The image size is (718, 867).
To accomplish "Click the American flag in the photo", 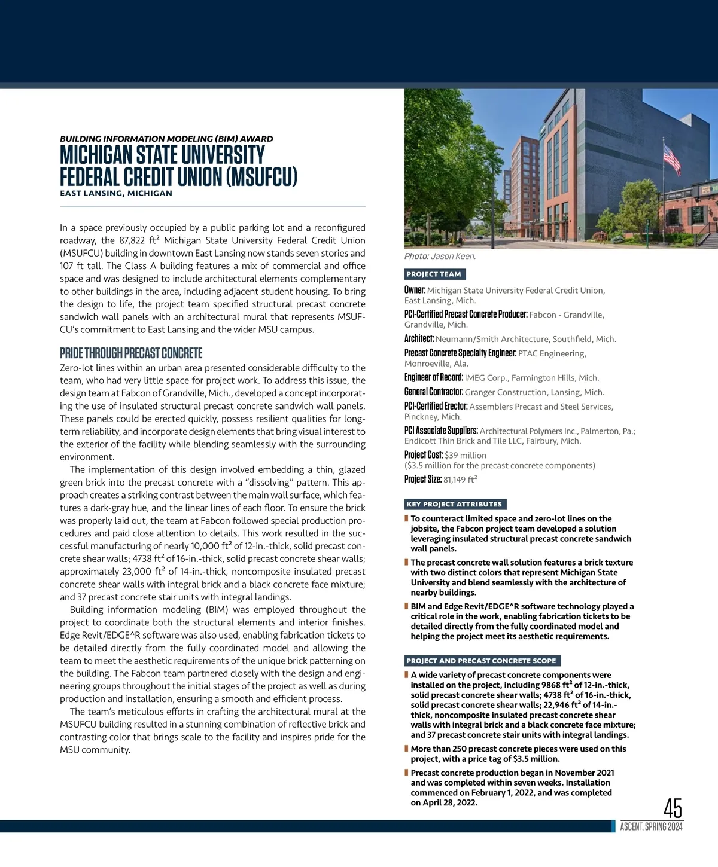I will (671, 158).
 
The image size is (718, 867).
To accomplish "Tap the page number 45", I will (673, 808).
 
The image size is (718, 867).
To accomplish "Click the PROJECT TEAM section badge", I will (434, 274).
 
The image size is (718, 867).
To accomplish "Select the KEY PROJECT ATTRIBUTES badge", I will (454, 504).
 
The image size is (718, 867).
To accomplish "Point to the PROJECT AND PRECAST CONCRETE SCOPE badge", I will (482, 661).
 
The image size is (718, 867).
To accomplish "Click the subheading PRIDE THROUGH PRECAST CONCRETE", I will (131, 353).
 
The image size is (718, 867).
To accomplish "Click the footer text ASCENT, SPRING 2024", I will (651, 827).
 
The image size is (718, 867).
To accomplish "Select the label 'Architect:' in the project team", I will (419, 339).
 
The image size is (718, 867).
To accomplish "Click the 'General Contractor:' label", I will (434, 392).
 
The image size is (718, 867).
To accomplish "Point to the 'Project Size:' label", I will (423, 479).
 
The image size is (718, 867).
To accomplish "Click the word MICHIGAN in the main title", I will (96, 155).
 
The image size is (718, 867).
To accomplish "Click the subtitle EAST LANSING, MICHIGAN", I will (116, 193).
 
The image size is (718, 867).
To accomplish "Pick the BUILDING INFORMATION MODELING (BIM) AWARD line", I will (166, 139).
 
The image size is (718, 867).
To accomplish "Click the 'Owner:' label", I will (415, 290).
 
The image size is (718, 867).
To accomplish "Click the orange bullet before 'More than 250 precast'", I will (406, 749).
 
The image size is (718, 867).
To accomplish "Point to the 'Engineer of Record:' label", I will (434, 377).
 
